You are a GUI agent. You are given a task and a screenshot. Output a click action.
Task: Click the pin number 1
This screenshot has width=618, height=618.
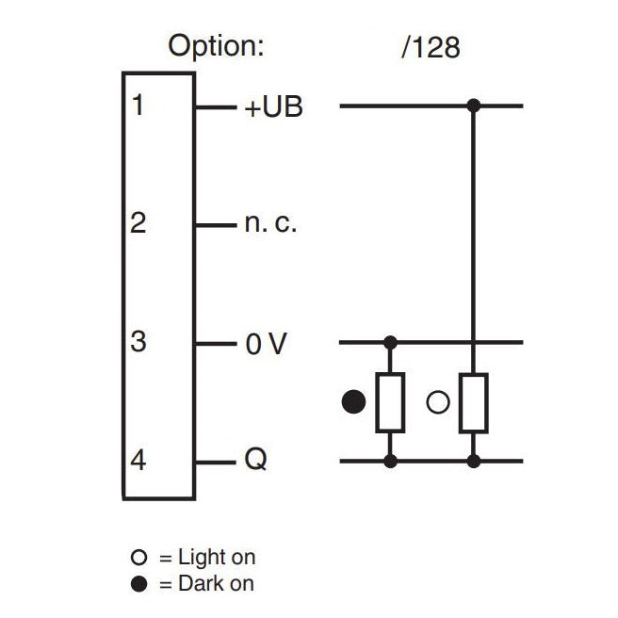(138, 106)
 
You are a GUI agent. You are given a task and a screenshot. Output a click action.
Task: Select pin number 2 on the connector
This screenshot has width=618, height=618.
(138, 224)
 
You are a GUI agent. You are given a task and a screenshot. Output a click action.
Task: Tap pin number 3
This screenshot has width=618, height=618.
(138, 342)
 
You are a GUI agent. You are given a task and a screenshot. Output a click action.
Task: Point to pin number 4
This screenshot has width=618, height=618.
(138, 462)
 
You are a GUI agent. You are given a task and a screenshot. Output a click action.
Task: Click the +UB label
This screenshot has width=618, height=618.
(273, 107)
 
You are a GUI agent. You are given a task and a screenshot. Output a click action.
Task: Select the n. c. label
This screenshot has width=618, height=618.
(271, 226)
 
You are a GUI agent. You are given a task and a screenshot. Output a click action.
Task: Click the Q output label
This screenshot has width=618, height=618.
(255, 462)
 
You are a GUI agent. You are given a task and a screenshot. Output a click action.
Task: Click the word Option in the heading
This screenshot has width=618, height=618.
(216, 45)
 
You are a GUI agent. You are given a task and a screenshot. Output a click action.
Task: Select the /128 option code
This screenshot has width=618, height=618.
(431, 47)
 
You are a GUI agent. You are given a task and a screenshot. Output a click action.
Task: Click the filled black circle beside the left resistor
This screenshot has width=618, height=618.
(353, 402)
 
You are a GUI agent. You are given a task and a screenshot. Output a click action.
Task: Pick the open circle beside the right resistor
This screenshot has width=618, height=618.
(437, 402)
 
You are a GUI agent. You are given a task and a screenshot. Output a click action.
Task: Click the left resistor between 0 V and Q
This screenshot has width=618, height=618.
(390, 402)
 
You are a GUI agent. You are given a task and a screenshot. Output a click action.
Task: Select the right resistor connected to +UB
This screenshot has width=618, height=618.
(473, 402)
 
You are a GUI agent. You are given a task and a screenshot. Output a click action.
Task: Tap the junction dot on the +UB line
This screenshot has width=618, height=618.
(474, 106)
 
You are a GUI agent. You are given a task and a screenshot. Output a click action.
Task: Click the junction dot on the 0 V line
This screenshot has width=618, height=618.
(390, 342)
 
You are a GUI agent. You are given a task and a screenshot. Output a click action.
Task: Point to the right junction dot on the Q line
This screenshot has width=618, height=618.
(474, 462)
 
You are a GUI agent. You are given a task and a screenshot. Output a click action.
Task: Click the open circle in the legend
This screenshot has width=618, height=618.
(139, 559)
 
